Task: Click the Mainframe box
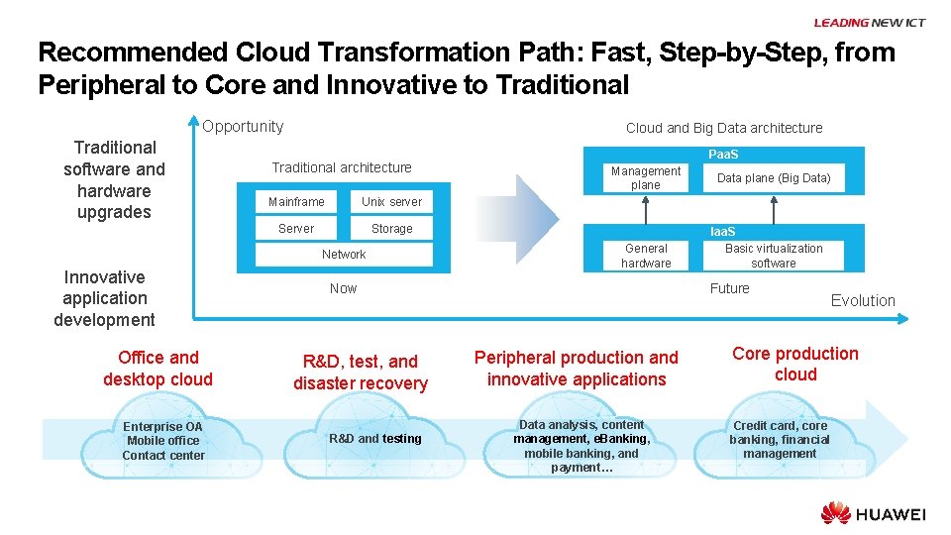click(x=296, y=202)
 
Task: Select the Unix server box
click(x=391, y=202)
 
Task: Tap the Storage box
click(x=391, y=229)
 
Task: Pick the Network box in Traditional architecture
click(x=344, y=255)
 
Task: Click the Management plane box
click(x=645, y=178)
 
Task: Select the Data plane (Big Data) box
click(x=774, y=178)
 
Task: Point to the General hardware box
click(x=646, y=256)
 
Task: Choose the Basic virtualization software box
click(x=774, y=256)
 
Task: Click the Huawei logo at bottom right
click(x=873, y=513)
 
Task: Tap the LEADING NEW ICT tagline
click(x=869, y=23)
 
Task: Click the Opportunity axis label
click(x=243, y=127)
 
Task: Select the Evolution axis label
click(x=863, y=301)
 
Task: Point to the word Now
click(x=343, y=288)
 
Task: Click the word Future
click(x=729, y=288)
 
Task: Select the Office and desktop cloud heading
click(x=158, y=369)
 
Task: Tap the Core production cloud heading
click(x=795, y=365)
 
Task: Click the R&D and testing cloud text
click(x=375, y=439)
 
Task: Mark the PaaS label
click(x=723, y=155)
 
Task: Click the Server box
click(x=296, y=229)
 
